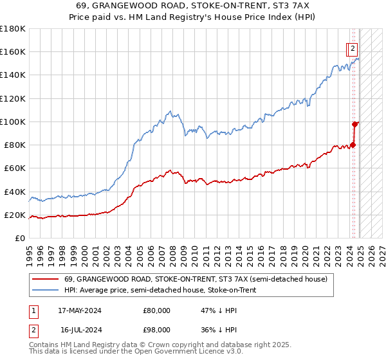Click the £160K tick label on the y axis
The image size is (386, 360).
point(13,52)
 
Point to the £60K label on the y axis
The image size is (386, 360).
point(15,168)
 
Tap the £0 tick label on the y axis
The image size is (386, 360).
point(21,239)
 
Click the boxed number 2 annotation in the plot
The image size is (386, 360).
point(353,48)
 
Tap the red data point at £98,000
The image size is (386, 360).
point(354,124)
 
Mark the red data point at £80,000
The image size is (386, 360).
point(353,145)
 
